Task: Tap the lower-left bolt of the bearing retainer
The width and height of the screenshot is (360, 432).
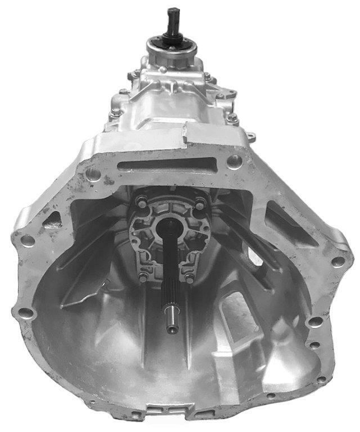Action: click(143, 277)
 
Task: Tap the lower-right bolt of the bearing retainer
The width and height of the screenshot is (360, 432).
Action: click(190, 278)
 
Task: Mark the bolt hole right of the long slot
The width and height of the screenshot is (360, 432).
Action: click(232, 163)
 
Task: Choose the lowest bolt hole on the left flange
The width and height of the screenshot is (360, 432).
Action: click(24, 313)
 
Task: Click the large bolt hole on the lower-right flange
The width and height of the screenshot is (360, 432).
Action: click(317, 322)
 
